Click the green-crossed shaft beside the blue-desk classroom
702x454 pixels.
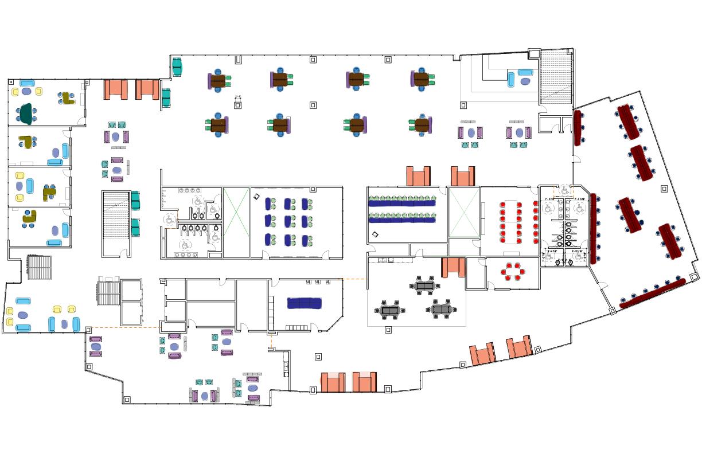click(236, 222)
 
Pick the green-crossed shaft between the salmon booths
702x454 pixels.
click(463, 212)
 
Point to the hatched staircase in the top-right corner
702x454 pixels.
click(555, 76)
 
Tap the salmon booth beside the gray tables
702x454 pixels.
click(453, 267)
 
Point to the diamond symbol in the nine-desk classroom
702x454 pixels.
click(257, 197)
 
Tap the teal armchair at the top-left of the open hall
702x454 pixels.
click(177, 67)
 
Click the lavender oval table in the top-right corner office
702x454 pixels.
click(525, 81)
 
